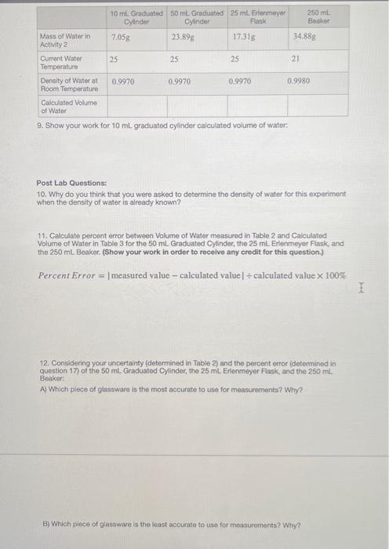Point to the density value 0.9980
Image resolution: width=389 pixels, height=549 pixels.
[299, 81]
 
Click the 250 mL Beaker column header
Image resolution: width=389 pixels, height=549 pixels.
[318, 17]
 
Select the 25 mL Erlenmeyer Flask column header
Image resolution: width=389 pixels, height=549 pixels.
[258, 17]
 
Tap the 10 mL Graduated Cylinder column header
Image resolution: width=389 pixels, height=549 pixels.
[136, 17]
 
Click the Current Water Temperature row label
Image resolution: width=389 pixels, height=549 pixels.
[61, 62]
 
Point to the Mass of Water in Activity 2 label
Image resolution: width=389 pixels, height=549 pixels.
[64, 40]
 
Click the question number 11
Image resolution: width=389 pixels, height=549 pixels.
[43, 235]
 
